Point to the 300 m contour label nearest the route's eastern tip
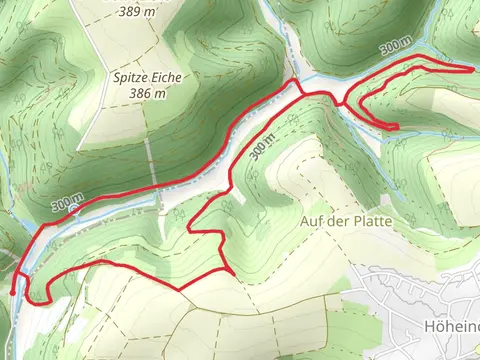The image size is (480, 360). point(394,48)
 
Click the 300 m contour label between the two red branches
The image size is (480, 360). point(261,147)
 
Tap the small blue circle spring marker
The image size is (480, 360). point(72,210)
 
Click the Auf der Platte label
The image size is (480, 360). point(341,219)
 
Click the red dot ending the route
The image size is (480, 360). point(12,292)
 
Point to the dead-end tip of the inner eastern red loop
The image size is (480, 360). point(397,128)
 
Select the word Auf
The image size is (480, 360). point(310,219)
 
